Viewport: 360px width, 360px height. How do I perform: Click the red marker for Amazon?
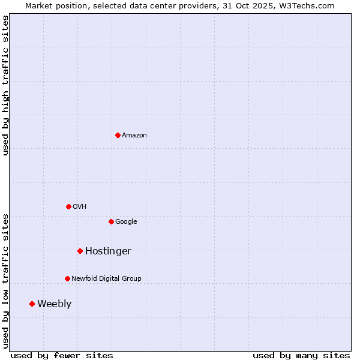pyautogui.click(x=118, y=135)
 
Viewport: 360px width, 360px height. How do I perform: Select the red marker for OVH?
pyautogui.click(x=68, y=206)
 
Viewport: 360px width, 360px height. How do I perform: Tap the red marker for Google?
pyautogui.click(x=111, y=221)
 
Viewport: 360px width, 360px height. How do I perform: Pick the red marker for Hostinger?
pyautogui.click(x=80, y=251)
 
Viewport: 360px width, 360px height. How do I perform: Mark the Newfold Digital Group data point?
pyautogui.click(x=67, y=278)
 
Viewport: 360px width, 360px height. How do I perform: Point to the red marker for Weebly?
pyautogui.click(x=32, y=304)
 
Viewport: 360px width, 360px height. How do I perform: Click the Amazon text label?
pyautogui.click(x=134, y=136)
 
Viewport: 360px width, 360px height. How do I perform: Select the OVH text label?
pyautogui.click(x=80, y=207)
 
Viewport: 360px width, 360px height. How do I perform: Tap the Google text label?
pyautogui.click(x=126, y=222)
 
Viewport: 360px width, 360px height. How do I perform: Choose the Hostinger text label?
pyautogui.click(x=108, y=251)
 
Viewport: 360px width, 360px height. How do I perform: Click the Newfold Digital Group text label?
pyautogui.click(x=106, y=279)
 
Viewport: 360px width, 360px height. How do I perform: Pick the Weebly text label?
pyautogui.click(x=54, y=304)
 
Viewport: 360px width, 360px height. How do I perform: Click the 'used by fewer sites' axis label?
pyautogui.click(x=62, y=355)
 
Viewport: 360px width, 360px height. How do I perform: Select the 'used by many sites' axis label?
pyautogui.click(x=301, y=355)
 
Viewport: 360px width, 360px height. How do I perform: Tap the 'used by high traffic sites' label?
pyautogui.click(x=6, y=86)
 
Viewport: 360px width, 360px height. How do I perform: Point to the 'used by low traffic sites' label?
pyautogui.click(x=6, y=281)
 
